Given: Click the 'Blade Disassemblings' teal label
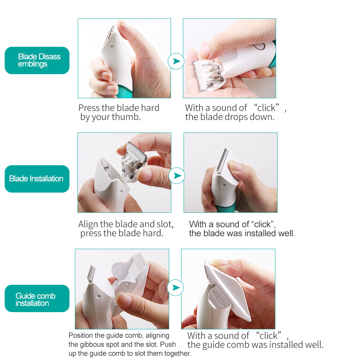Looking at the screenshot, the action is (x=37, y=60).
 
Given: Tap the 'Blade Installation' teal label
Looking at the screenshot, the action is (x=37, y=179).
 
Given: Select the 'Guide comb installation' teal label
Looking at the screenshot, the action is (x=37, y=298).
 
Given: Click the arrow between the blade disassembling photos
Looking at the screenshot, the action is (x=176, y=61).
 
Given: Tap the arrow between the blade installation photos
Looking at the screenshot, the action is (x=177, y=176).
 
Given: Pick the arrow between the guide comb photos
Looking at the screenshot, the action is (x=175, y=287).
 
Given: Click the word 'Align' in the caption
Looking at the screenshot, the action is (x=88, y=224).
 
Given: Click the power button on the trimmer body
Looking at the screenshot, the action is (x=259, y=46).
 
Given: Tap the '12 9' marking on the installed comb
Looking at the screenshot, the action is (x=218, y=300).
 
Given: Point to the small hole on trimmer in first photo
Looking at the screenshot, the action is (x=112, y=46).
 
